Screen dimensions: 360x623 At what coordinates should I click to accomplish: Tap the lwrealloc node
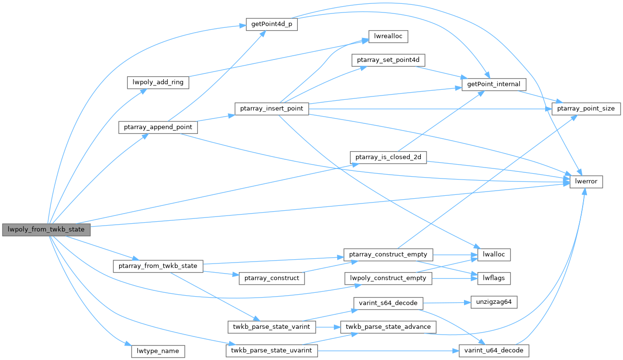click(x=388, y=36)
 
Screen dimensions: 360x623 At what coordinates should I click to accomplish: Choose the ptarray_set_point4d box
click(x=389, y=60)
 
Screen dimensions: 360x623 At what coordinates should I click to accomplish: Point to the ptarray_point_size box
click(x=586, y=108)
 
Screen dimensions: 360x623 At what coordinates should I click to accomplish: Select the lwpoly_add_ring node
click(x=158, y=82)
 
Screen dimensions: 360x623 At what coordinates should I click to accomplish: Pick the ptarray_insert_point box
click(x=271, y=108)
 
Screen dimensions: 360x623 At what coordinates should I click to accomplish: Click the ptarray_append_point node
click(x=158, y=127)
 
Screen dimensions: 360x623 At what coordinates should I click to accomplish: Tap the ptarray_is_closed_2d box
click(x=388, y=157)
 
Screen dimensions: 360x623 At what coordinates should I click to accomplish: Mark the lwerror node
click(x=586, y=182)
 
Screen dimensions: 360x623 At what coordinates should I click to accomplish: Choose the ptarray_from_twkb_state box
click(x=158, y=266)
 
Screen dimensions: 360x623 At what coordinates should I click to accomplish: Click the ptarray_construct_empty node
click(x=388, y=254)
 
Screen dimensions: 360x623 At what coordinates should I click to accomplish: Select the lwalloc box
click(x=494, y=255)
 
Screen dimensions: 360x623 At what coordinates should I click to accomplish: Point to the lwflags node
click(x=494, y=277)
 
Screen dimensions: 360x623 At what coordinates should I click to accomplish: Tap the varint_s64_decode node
click(x=388, y=303)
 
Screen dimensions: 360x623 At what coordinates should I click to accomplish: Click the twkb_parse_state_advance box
click(x=388, y=327)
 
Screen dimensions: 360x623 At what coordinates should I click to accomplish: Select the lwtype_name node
click(x=158, y=351)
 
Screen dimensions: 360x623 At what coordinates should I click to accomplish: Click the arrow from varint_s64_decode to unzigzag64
click(x=444, y=303)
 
